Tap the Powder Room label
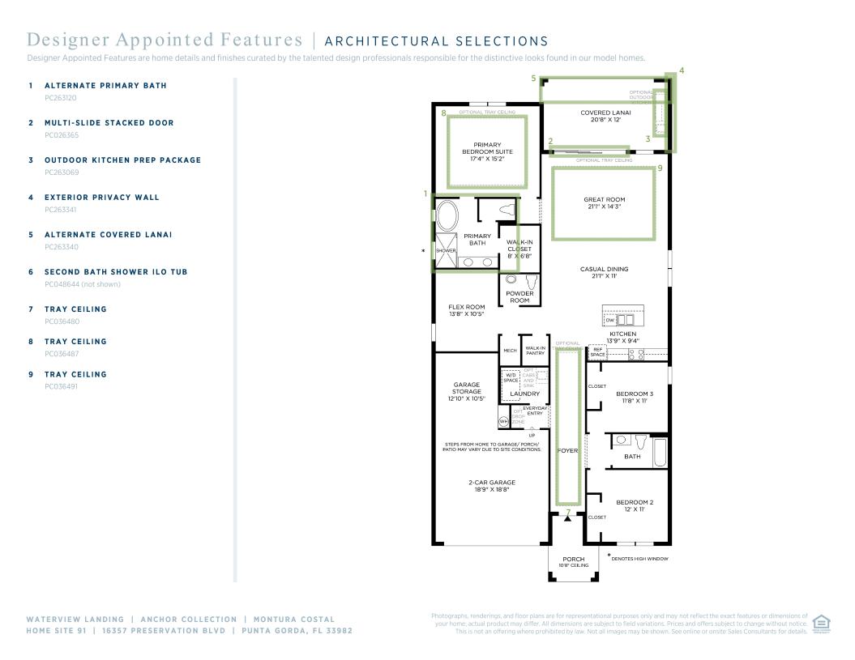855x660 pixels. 519,296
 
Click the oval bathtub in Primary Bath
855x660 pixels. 447,217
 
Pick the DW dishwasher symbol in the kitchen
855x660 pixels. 611,321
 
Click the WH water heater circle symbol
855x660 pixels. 503,421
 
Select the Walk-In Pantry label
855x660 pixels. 535,351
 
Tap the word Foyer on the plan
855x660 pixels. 567,450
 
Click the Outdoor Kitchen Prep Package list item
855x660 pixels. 122,160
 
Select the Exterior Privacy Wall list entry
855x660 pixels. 102,198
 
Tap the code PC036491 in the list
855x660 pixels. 62,387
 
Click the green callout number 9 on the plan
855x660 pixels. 660,168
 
